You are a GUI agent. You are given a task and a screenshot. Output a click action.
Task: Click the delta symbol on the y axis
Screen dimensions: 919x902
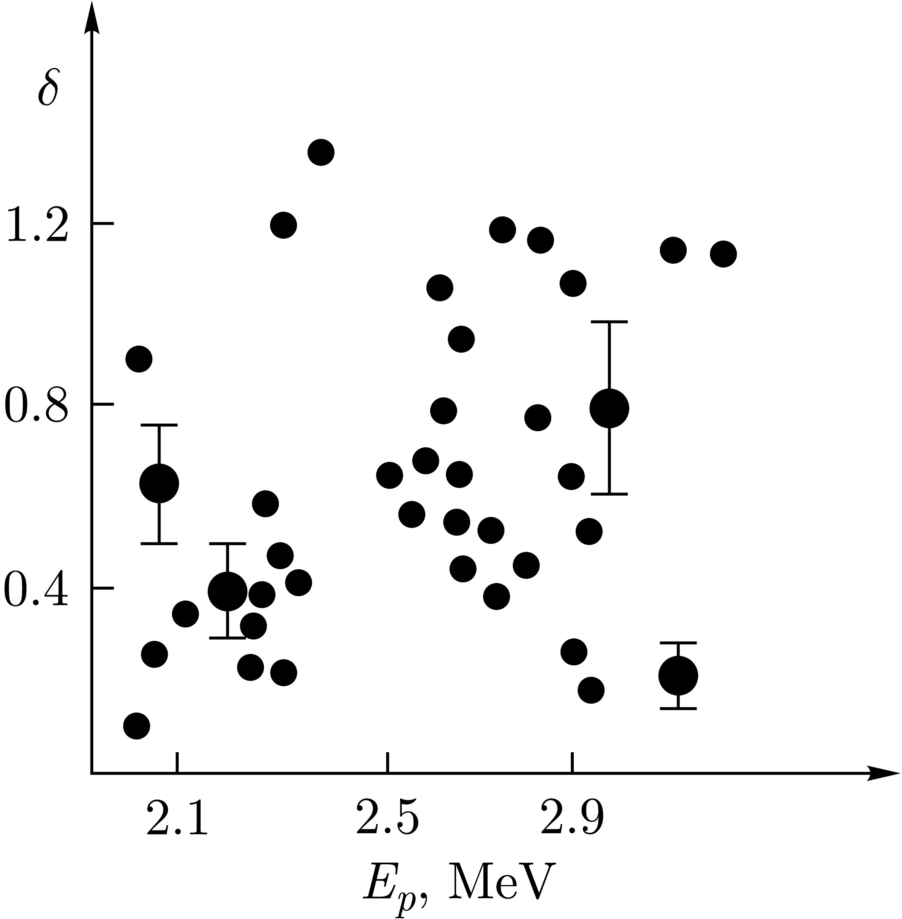pos(48,88)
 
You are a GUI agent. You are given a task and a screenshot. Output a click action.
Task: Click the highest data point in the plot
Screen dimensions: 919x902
pos(321,153)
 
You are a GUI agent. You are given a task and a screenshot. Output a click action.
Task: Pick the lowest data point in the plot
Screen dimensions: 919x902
pos(137,725)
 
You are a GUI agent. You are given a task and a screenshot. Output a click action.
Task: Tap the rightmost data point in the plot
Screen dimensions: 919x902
pos(723,254)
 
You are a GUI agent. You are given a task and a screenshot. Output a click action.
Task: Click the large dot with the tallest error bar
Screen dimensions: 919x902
pos(609,408)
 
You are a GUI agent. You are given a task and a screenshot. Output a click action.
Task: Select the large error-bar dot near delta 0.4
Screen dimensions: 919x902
pos(228,591)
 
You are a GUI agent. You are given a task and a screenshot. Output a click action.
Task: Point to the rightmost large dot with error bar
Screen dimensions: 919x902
pos(678,675)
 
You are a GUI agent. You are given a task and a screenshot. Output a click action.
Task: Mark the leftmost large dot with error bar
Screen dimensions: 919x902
pos(159,483)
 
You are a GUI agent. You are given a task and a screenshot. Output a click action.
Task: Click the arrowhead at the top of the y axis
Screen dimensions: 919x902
pos(91,19)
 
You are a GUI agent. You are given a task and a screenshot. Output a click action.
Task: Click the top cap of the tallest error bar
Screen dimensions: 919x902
pos(609,322)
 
